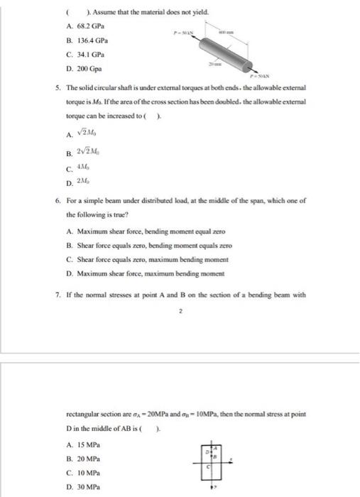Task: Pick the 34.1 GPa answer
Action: click(80, 55)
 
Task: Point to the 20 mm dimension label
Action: click(214, 63)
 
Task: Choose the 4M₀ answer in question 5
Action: click(82, 167)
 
